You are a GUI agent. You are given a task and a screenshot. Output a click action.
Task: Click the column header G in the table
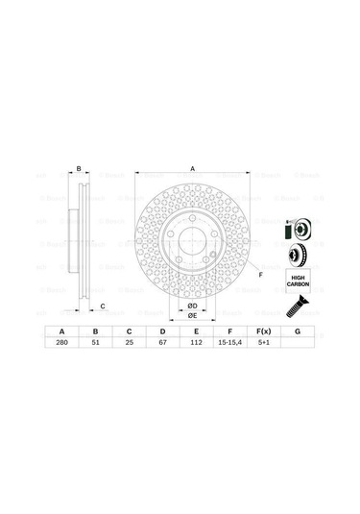[x=298, y=330]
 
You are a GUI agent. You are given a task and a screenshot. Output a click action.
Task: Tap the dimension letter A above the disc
[x=192, y=169]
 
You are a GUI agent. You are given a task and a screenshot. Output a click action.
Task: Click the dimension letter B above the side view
[x=78, y=169]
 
